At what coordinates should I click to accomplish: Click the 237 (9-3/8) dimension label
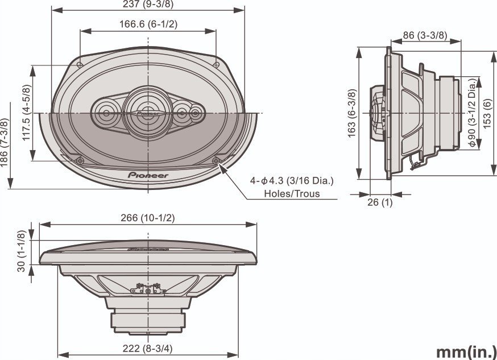(x=148, y=5)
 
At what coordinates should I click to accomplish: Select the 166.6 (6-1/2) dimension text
(x=148, y=24)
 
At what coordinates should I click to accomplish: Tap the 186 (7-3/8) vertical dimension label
(x=5, y=144)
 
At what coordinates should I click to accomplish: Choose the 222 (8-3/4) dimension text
(x=148, y=349)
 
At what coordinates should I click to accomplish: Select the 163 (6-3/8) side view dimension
(x=352, y=113)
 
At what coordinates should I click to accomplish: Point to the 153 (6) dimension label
(x=488, y=114)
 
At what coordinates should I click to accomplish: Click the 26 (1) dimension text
(x=380, y=202)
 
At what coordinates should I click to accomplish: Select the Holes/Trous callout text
(x=292, y=193)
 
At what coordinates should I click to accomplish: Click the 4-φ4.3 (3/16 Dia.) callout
(x=292, y=181)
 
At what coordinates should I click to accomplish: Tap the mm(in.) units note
(x=466, y=351)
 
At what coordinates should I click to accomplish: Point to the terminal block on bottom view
(x=148, y=291)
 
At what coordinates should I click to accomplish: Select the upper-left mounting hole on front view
(x=80, y=64)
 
